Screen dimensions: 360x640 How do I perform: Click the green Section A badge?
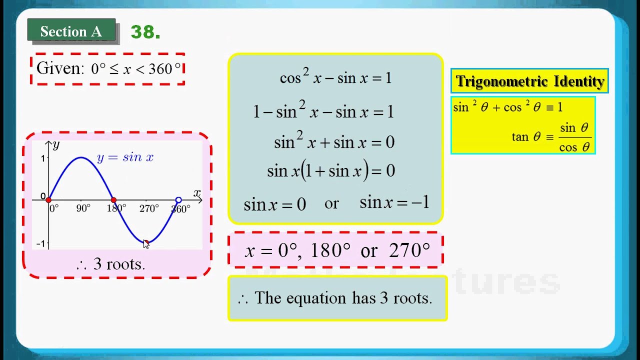pos(71,31)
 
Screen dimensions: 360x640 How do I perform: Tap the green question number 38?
pos(145,32)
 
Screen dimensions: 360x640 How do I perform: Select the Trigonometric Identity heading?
pos(530,81)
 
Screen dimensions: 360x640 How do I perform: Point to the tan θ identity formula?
pos(551,137)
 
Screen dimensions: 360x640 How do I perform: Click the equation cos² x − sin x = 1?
pos(335,77)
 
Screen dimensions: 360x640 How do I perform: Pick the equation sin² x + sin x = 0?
pos(334,142)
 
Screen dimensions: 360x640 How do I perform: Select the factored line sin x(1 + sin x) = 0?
pos(331,171)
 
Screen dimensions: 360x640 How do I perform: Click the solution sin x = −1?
pos(394,202)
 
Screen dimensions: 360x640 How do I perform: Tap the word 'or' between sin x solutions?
pos(331,203)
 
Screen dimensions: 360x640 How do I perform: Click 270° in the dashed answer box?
pos(409,250)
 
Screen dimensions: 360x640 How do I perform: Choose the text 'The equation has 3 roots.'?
pos(342,298)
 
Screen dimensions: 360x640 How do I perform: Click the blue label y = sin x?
pos(125,157)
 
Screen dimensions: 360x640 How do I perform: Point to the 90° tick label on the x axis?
pos(83,208)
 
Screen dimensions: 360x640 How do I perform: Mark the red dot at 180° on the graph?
pos(113,200)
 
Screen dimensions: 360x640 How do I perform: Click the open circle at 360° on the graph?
pos(178,200)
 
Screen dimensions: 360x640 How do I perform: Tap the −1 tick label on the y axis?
pos(40,244)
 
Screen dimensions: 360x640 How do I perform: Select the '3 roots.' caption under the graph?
pos(118,264)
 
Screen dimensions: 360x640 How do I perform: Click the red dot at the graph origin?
pos(48,200)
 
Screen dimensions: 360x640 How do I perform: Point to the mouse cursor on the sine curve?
pos(146,243)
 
